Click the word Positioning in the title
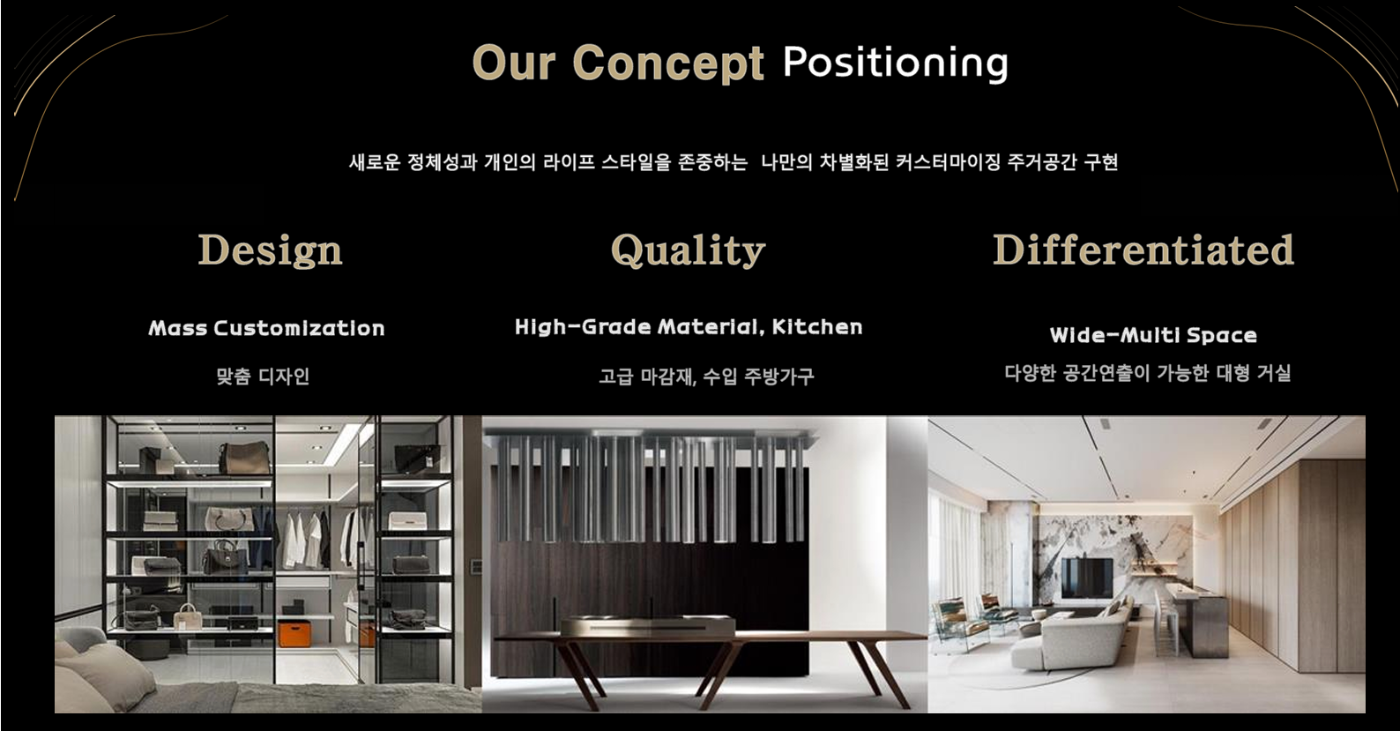[895, 63]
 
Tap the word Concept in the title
[668, 63]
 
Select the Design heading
[270, 250]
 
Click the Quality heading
[689, 250]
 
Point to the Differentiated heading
[1143, 250]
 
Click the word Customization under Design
[300, 328]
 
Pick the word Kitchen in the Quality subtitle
[817, 326]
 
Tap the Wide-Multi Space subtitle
[1153, 335]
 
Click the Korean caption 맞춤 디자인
[263, 376]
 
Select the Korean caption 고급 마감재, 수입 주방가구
[706, 376]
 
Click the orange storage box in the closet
[294, 633]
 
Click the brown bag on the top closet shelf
[243, 458]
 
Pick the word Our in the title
[514, 63]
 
